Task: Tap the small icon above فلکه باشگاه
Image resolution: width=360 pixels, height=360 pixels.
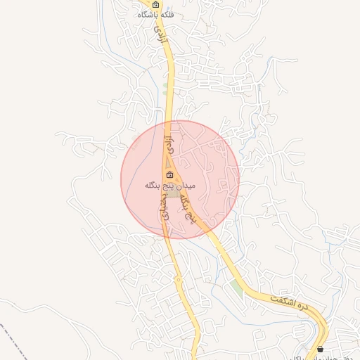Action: pos(156,4)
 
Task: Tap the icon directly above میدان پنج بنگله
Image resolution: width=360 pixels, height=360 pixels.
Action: pos(169,174)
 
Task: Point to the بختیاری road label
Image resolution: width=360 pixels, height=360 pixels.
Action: pos(167,208)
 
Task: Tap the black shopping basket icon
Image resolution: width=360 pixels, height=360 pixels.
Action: pos(321,349)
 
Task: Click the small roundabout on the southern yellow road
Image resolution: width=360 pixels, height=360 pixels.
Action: pos(178,280)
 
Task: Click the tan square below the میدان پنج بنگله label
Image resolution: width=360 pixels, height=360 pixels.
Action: pos(172,193)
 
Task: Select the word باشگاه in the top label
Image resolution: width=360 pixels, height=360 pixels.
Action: pos(150,14)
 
